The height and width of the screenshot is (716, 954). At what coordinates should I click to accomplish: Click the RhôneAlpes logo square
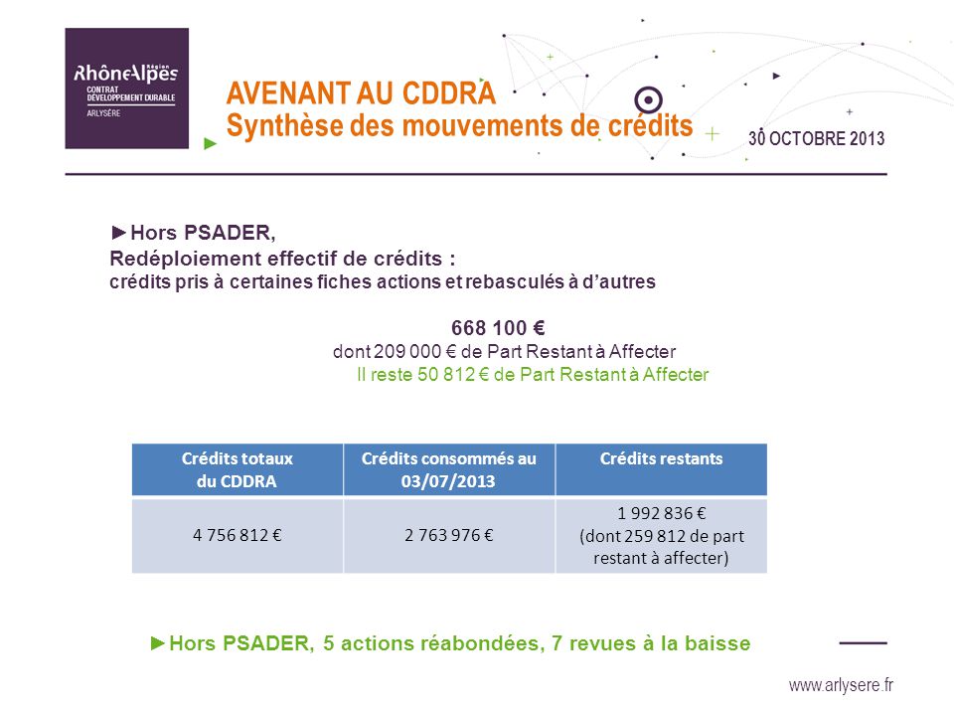click(126, 89)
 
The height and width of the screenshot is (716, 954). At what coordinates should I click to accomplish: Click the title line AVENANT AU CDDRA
click(361, 93)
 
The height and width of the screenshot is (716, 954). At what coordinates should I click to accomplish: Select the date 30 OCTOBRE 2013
click(817, 138)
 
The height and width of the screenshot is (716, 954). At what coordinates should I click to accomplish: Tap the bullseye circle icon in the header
click(648, 99)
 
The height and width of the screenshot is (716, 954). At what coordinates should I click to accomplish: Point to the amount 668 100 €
click(498, 328)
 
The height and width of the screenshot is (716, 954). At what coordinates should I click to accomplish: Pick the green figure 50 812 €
click(453, 375)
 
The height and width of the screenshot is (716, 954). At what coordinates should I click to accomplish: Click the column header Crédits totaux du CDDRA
click(238, 469)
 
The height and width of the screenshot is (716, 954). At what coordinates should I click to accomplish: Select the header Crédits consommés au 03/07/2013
click(449, 469)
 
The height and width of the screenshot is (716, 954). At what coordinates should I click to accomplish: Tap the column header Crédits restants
click(662, 458)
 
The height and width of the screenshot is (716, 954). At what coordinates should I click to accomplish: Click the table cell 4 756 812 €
click(238, 535)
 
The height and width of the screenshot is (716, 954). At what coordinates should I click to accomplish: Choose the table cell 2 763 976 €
click(449, 535)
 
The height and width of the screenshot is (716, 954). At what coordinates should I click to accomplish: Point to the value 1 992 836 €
click(662, 513)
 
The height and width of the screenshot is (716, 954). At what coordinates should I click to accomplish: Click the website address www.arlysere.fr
click(841, 685)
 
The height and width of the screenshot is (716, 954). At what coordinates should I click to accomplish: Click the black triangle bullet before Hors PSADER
click(118, 232)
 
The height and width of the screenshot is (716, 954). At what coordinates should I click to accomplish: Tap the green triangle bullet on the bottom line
click(158, 643)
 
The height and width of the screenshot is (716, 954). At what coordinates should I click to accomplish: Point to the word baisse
click(717, 643)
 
